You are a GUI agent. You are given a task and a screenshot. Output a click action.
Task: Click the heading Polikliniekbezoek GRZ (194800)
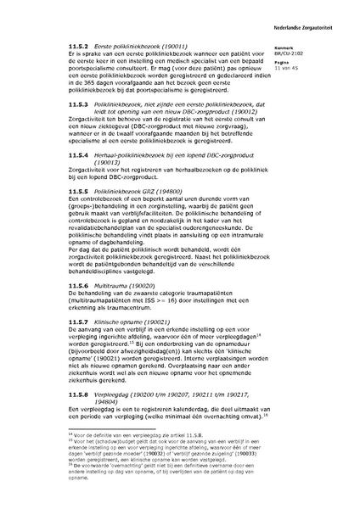[x=122, y=192]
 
